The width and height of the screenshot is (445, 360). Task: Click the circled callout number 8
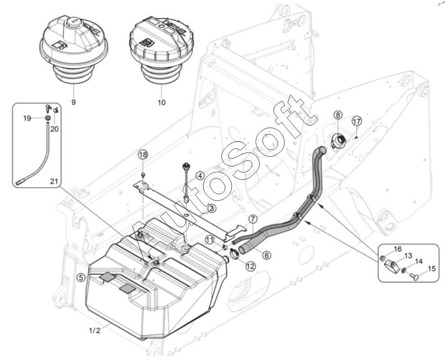(x=338, y=115)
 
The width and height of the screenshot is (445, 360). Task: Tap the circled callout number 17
(x=357, y=121)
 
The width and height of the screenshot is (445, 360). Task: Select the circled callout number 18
(x=143, y=155)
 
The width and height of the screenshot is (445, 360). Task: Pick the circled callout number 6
(x=266, y=255)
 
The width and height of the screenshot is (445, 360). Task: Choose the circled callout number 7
(x=253, y=219)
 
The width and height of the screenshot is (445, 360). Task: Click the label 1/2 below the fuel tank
(x=94, y=330)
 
